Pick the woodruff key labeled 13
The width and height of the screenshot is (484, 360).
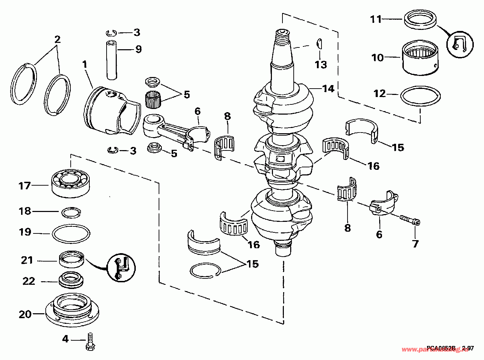click(320, 43)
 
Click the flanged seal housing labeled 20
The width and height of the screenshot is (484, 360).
click(72, 308)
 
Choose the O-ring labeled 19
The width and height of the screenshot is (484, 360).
click(71, 233)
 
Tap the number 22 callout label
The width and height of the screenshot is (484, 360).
click(29, 281)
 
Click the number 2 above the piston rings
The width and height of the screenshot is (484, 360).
click(57, 39)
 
